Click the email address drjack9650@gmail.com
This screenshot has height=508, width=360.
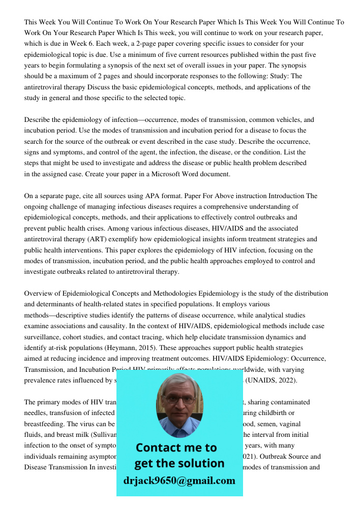click(179, 481)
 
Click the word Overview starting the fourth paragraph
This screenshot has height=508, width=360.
click(39, 293)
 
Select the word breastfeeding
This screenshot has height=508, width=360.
click(44, 424)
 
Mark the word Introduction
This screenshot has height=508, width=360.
click(286, 196)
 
